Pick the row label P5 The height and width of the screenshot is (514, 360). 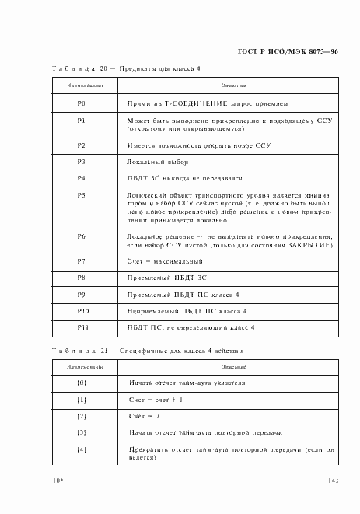[x=82, y=194]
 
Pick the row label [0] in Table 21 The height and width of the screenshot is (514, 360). [x=82, y=383]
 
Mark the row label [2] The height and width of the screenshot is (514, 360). [x=82, y=416]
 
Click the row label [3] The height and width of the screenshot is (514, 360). [x=82, y=432]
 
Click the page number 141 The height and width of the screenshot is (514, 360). [x=333, y=480]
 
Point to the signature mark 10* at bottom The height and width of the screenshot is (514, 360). [x=57, y=481]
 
